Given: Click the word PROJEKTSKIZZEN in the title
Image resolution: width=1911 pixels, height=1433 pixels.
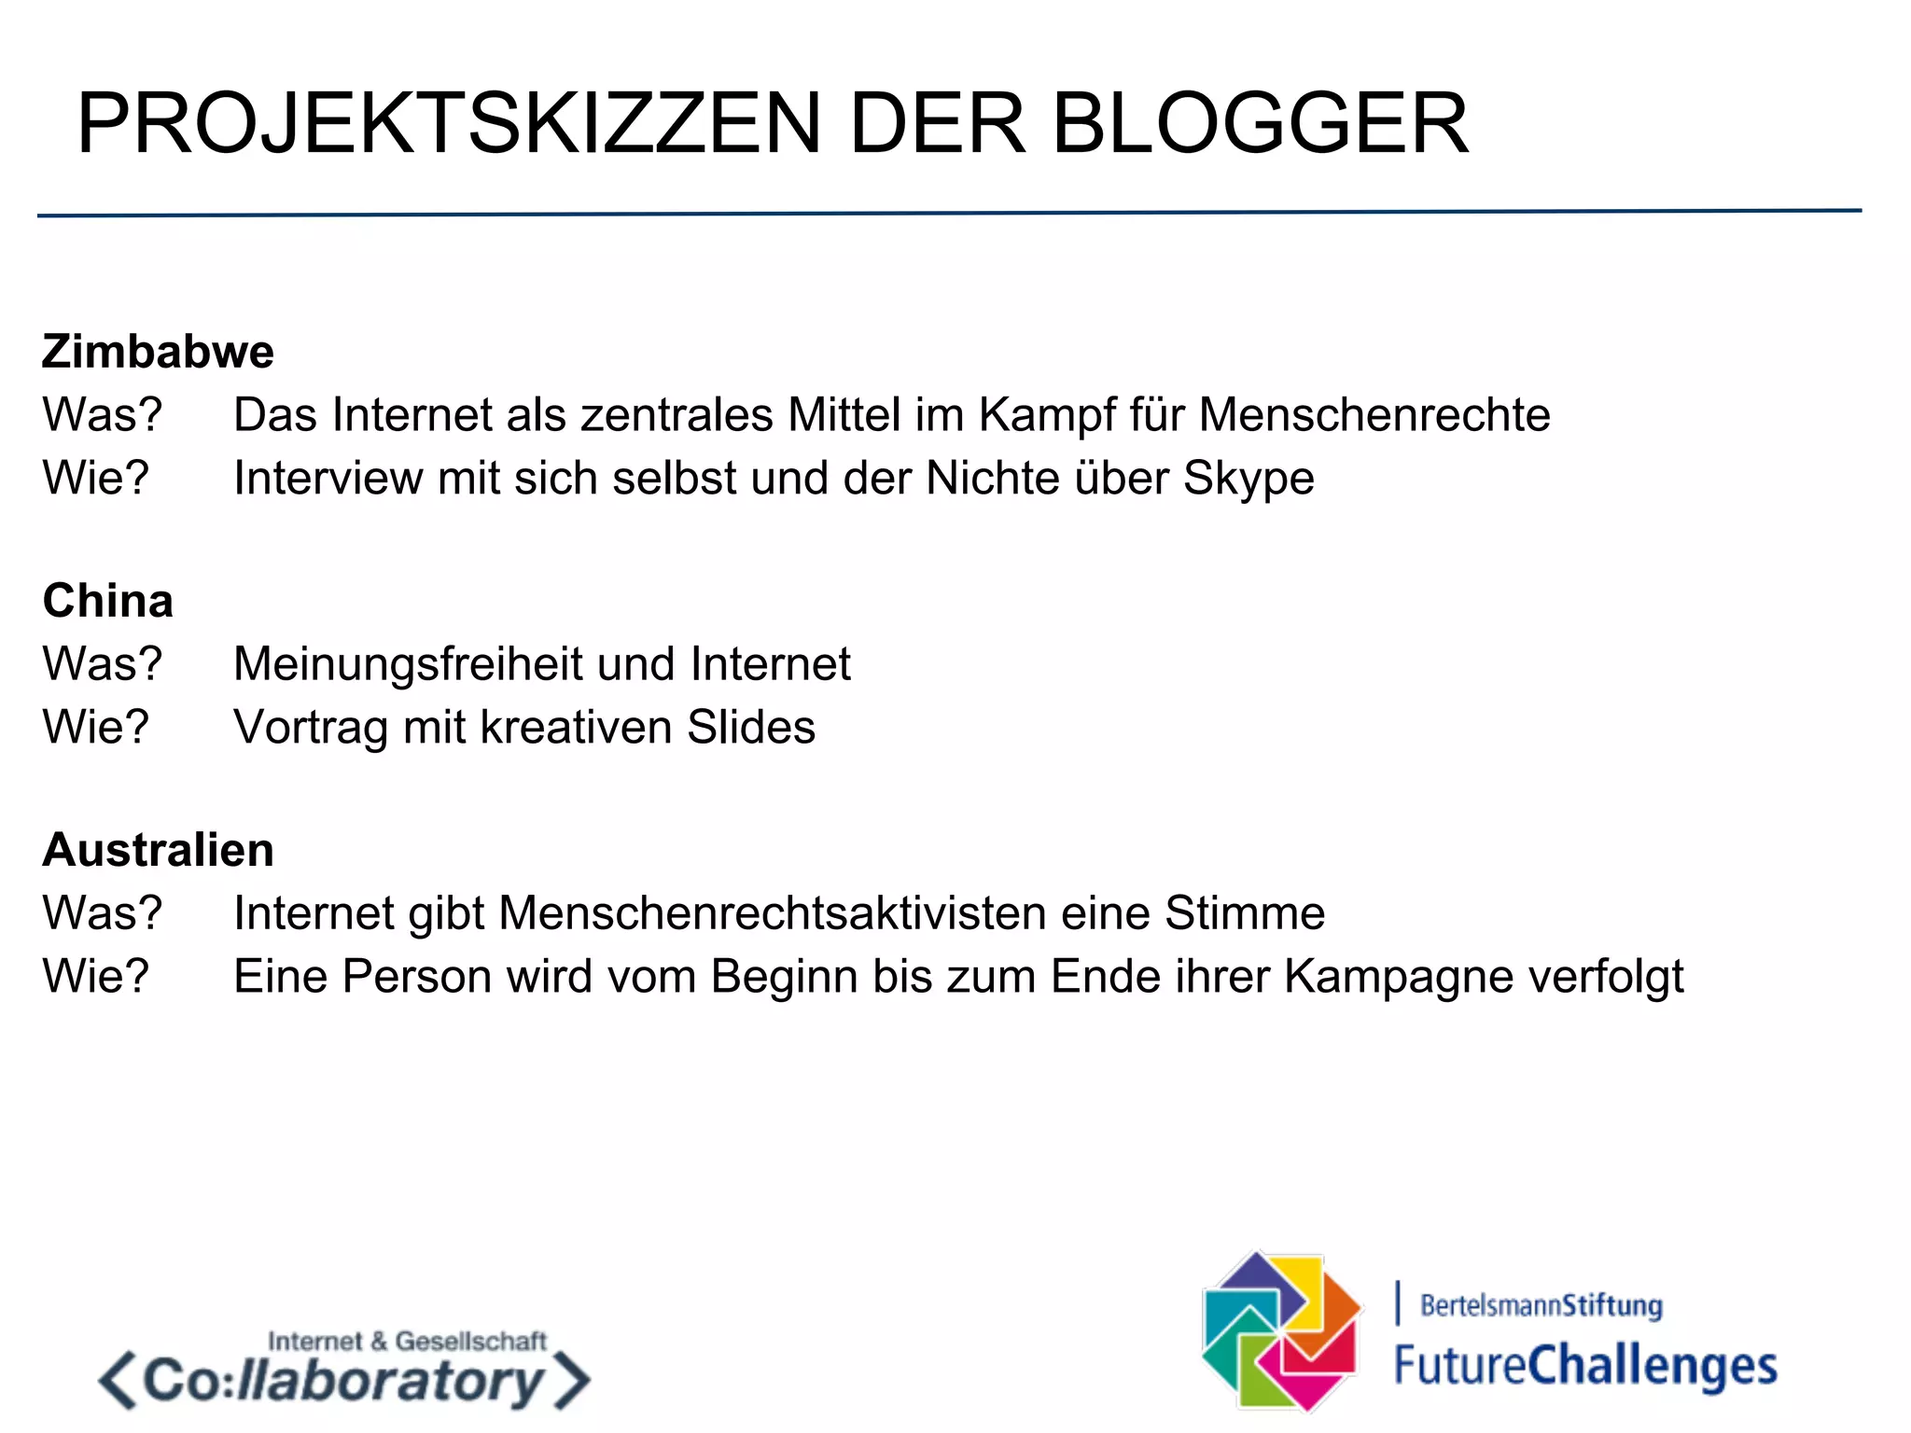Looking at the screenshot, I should point(449,124).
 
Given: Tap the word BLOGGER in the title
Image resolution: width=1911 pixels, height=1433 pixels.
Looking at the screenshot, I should point(1261,124).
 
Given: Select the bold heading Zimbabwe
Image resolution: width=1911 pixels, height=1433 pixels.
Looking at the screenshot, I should point(158,353).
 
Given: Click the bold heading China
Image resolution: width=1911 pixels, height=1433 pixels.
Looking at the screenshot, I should point(108,602).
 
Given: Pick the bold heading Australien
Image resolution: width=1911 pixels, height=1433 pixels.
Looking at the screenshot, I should point(158,851).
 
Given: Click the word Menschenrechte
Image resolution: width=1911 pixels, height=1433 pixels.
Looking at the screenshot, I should point(1374,416).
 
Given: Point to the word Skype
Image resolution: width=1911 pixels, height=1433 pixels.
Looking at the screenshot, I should point(1248,480).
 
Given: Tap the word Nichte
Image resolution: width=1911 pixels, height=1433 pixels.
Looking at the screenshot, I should point(992,479).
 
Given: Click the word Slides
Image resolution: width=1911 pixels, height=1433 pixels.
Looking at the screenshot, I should point(751,728).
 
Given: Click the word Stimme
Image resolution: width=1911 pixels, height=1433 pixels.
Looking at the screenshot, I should point(1244,914).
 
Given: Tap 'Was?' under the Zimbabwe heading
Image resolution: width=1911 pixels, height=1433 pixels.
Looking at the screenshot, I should point(103,416).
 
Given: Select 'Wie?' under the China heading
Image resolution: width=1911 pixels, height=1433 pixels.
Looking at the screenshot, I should point(95,728).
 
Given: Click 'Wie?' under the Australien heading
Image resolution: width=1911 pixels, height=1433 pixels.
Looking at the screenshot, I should point(95,978).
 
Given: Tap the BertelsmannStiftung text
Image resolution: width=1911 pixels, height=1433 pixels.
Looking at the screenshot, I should point(1541,1305).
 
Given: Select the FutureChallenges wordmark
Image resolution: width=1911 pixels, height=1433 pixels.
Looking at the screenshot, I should point(1585,1367).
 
